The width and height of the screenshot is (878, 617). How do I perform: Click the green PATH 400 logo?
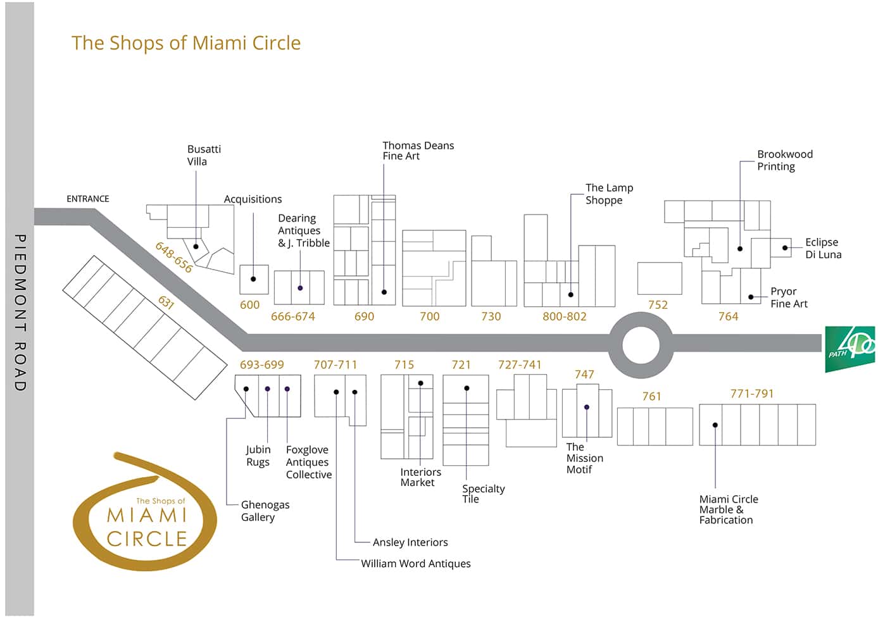click(850, 349)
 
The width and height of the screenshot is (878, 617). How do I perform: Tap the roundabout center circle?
click(641, 346)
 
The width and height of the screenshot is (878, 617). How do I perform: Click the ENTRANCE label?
click(88, 199)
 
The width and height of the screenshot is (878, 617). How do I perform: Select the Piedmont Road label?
click(20, 313)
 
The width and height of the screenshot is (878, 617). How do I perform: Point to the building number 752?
click(658, 305)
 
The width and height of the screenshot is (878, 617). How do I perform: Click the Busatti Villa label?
click(204, 155)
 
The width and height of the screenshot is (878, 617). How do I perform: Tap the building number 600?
click(249, 305)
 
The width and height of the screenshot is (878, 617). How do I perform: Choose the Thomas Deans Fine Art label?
click(418, 151)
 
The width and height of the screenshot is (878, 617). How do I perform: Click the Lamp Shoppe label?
click(608, 194)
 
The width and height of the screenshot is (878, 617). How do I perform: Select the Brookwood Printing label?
click(784, 160)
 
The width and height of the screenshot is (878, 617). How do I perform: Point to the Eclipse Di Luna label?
click(823, 248)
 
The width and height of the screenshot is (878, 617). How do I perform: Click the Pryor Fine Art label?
click(789, 297)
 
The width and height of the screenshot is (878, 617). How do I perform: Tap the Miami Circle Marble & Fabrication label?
click(728, 509)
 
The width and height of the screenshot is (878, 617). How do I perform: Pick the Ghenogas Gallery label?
click(265, 511)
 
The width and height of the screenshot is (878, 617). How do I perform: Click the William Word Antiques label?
click(415, 563)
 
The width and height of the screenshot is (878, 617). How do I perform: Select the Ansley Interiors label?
click(410, 542)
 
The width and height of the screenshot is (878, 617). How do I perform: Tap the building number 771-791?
click(751, 394)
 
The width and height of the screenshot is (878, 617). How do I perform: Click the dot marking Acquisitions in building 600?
click(253, 279)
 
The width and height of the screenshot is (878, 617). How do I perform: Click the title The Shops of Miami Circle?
click(186, 43)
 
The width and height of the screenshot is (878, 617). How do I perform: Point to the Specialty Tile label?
click(483, 494)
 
